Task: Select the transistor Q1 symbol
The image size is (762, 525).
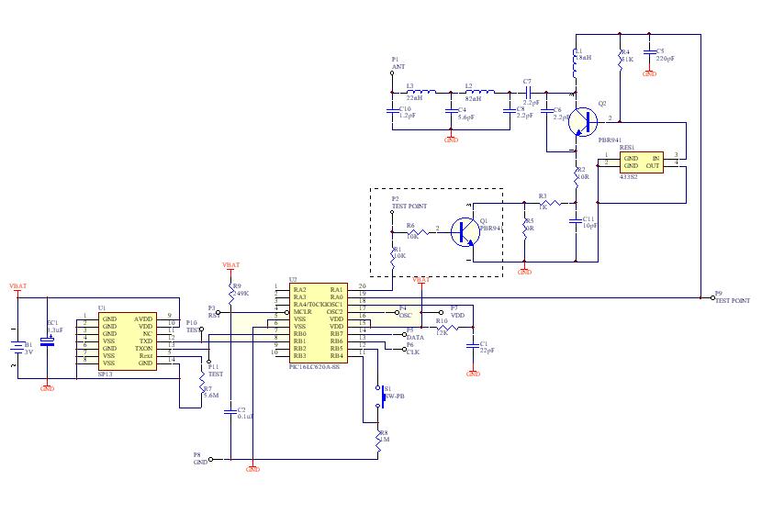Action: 466,231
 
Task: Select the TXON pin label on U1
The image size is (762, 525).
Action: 143,349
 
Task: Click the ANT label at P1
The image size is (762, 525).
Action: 398,67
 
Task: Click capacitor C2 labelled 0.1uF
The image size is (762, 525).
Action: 230,412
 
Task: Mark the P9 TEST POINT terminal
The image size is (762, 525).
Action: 712,296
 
